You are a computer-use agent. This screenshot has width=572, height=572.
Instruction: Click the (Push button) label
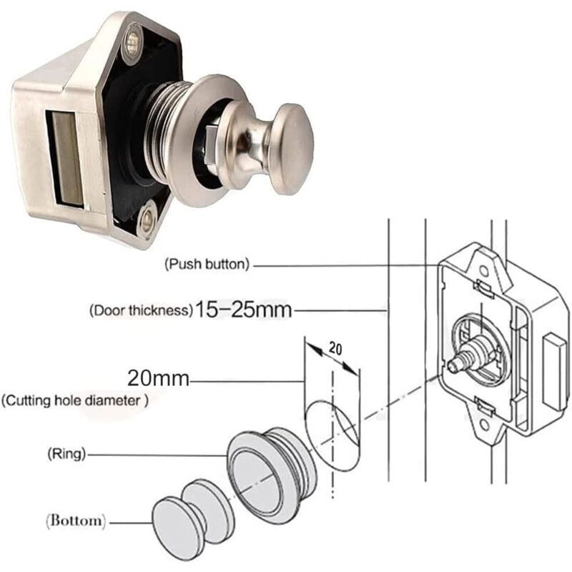(207, 264)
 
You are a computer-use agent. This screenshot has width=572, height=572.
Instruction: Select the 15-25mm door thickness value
(244, 310)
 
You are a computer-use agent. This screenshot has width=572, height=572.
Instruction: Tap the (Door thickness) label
(141, 310)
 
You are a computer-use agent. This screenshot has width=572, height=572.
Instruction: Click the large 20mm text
(158, 378)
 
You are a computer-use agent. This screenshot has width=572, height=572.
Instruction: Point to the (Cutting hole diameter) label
(75, 400)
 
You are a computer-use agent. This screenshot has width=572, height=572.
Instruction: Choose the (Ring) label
(66, 454)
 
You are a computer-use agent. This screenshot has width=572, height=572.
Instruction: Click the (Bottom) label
(77, 521)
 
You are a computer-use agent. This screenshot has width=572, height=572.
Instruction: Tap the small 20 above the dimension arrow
(335, 349)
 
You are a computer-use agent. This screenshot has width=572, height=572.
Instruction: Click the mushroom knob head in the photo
(292, 149)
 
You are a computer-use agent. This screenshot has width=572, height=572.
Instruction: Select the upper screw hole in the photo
(132, 44)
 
